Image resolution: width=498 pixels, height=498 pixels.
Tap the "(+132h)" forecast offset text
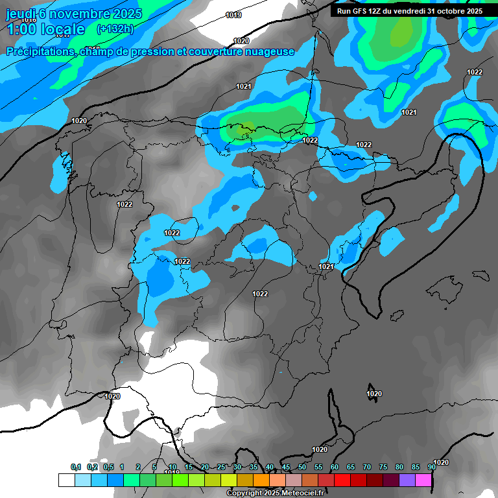115,29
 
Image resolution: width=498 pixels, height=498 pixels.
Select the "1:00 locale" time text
45,29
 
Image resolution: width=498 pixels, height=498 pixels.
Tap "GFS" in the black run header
365,11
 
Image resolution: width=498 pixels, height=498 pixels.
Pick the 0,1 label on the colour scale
76,468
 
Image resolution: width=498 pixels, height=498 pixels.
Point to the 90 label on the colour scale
431,468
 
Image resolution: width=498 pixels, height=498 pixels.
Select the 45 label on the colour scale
286,468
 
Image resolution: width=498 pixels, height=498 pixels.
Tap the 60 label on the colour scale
335,468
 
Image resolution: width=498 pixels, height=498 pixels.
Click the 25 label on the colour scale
221,468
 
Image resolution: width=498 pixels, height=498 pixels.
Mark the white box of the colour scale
66,480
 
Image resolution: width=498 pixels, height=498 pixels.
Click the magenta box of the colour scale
423,480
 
